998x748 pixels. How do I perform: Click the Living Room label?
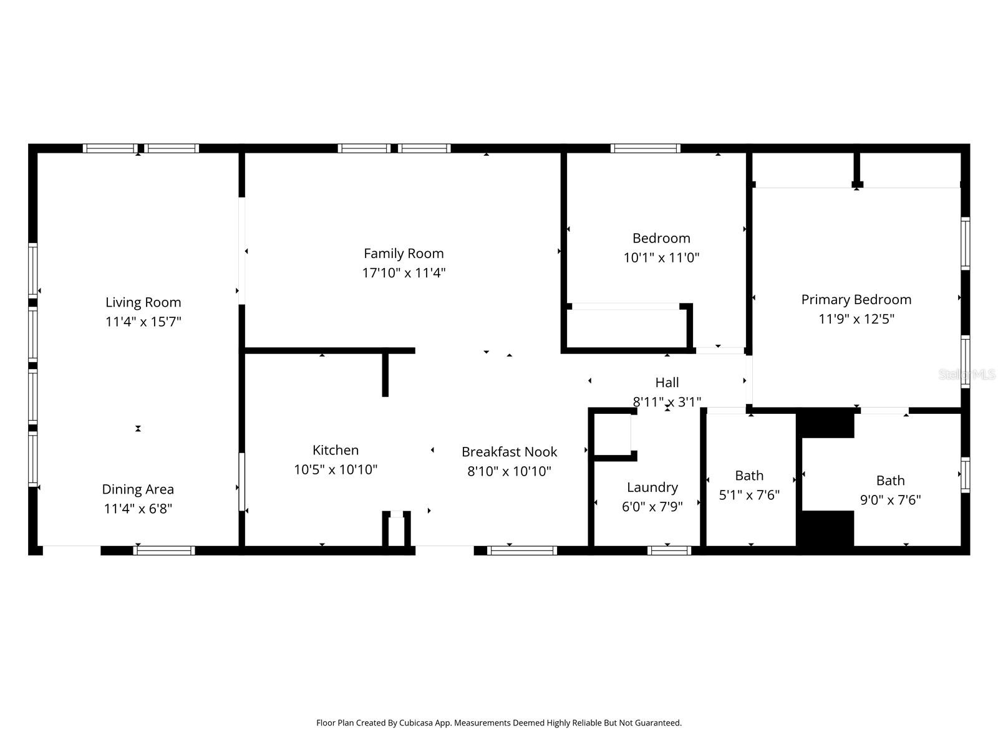pos(143,302)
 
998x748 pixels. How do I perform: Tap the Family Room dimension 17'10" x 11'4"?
pos(404,273)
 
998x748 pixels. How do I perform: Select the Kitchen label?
pos(336,450)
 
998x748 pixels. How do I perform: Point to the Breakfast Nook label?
pos(509,452)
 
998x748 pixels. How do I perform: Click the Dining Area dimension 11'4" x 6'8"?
pos(138,509)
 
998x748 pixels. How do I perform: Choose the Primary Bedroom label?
pos(856,300)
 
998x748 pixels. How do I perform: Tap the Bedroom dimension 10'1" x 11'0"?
pos(661,257)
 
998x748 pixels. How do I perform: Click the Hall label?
pos(667,383)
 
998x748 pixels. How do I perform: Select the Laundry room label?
pos(652,487)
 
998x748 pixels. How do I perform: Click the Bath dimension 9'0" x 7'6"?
pos(890,500)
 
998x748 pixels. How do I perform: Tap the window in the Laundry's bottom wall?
pos(669,550)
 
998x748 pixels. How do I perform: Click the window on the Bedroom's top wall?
pos(645,148)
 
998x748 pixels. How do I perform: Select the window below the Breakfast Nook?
pos(521,550)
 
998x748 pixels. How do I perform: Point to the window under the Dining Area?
pos(164,550)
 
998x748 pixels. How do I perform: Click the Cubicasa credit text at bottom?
pos(498,723)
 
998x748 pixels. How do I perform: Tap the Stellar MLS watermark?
pos(967,375)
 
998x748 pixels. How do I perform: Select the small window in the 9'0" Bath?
pos(965,474)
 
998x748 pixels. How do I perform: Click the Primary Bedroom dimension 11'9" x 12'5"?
pos(856,319)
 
